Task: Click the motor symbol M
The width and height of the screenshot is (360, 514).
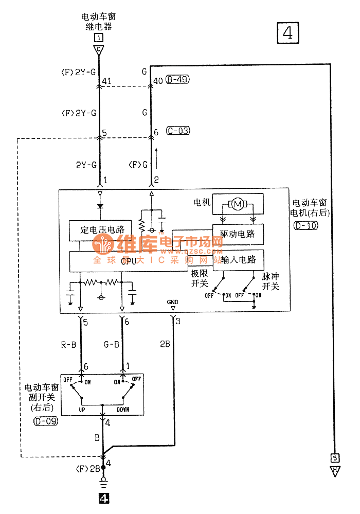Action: coord(238,205)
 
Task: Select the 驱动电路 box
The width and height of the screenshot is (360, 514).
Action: coord(238,234)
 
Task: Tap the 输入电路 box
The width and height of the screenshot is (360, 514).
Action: coord(238,260)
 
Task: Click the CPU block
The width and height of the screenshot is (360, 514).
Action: coord(128,261)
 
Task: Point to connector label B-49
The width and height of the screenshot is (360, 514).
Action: coord(178,80)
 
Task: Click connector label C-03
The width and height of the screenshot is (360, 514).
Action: coord(178,131)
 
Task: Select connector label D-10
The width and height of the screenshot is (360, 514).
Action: coord(305,225)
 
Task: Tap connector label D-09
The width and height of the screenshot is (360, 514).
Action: coord(45,421)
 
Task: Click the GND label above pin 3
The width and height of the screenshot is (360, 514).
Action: coord(172,302)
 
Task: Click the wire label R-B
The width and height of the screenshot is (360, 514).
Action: coord(68,345)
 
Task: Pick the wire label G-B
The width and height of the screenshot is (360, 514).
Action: coord(111,345)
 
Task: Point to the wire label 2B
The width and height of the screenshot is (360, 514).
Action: coord(165,345)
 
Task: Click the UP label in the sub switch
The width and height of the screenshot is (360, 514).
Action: coord(82,410)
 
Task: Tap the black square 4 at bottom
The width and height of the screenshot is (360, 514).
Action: coord(103,498)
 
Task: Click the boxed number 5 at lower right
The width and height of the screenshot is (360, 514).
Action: coord(335,458)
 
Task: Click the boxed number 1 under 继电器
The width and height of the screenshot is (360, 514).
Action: coord(98,38)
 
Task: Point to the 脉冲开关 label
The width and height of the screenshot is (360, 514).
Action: coord(271,281)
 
